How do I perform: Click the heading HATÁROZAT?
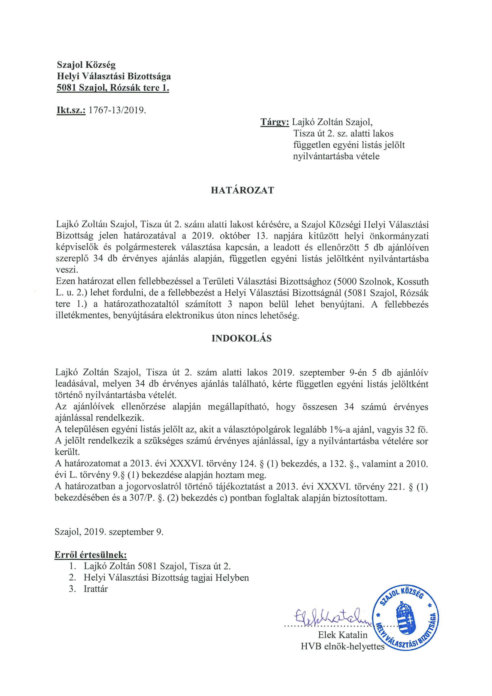[x=242, y=190]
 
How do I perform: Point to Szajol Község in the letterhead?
[x=86, y=65]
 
